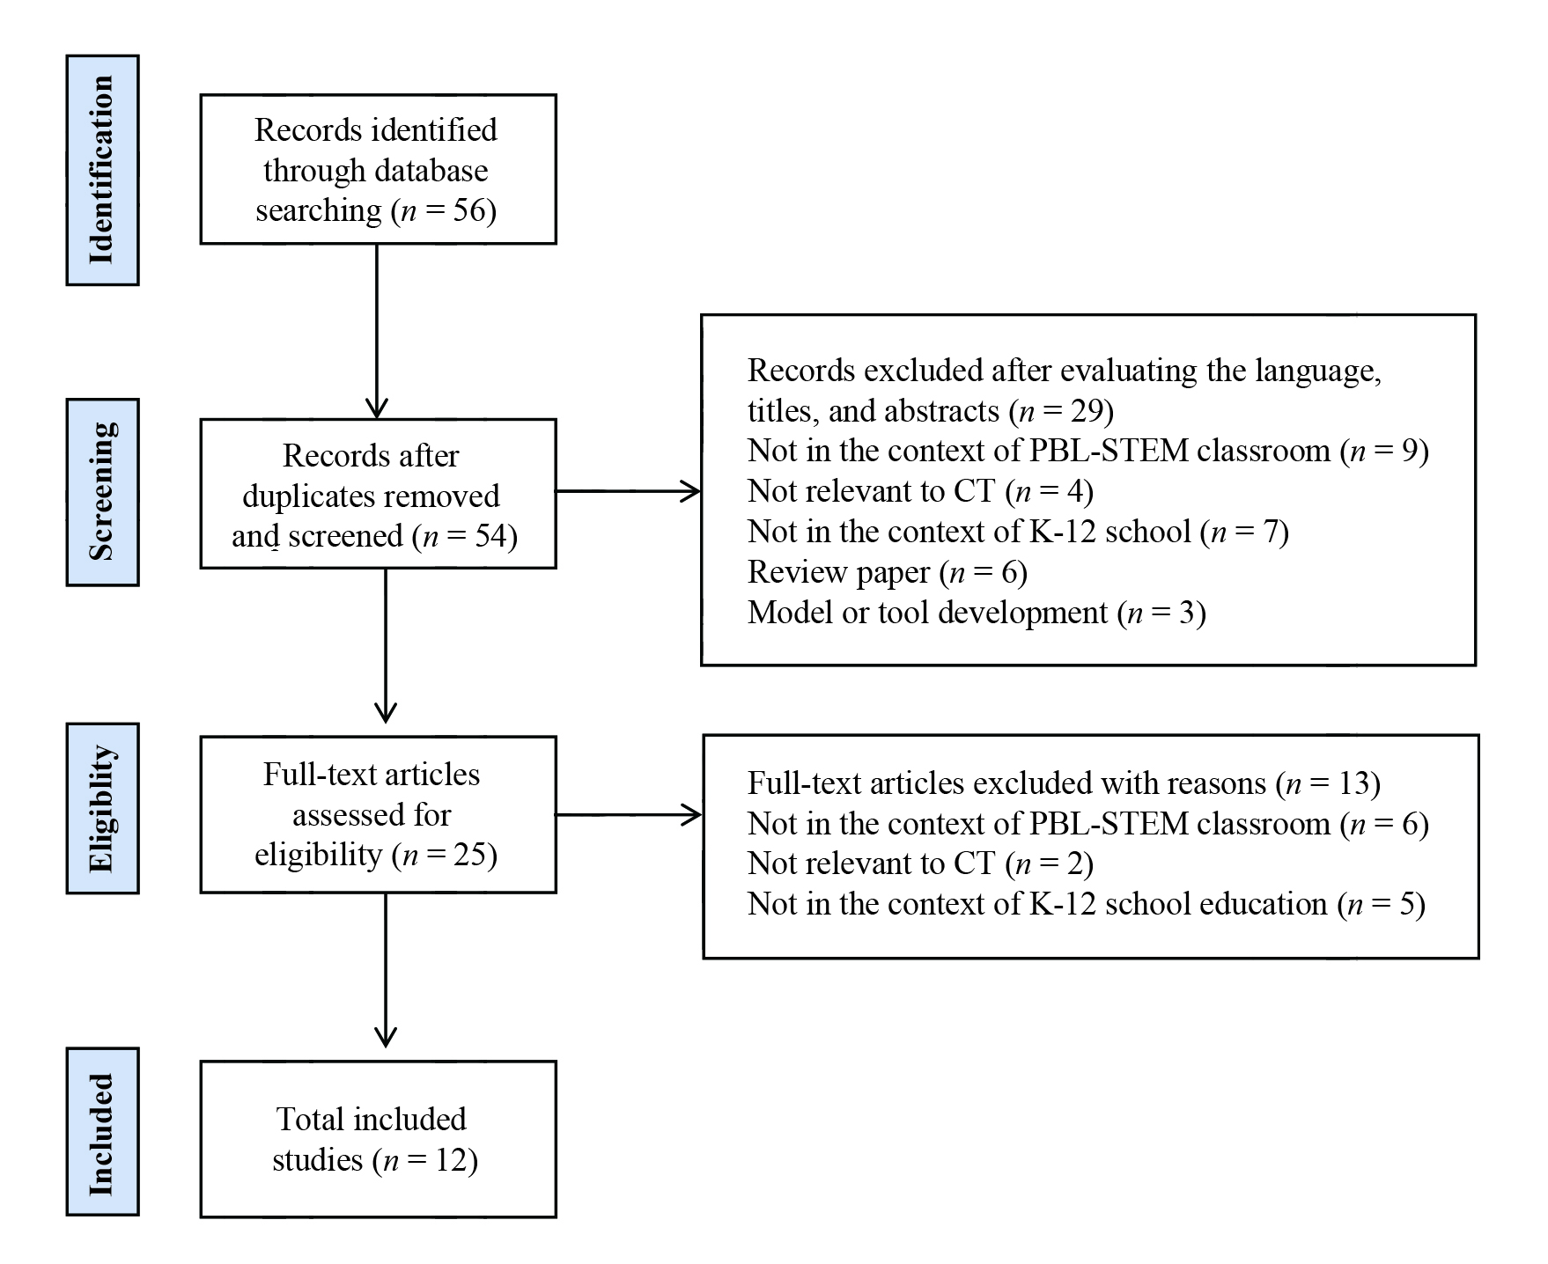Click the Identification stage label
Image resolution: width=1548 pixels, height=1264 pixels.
click(102, 170)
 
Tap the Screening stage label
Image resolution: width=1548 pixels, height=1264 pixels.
click(102, 492)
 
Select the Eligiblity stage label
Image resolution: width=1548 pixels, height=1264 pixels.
click(102, 808)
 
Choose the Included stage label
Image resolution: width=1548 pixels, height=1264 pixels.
click(102, 1132)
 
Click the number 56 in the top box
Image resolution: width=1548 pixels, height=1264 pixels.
click(468, 211)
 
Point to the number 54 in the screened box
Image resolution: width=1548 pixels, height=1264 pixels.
click(490, 537)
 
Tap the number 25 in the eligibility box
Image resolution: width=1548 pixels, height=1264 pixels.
click(468, 855)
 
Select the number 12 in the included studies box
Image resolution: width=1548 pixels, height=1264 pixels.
click(451, 1160)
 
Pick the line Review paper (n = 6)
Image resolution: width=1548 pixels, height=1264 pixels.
click(887, 572)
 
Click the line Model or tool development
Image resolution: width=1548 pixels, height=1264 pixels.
click(976, 613)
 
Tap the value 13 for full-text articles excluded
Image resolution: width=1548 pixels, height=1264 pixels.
click(1353, 783)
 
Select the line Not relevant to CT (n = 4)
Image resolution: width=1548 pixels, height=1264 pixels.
click(920, 491)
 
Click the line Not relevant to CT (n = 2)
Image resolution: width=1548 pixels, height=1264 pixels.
click(920, 863)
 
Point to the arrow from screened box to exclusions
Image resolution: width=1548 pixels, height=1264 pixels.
click(628, 491)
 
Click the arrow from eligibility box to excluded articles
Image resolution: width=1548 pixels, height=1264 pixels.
click(628, 815)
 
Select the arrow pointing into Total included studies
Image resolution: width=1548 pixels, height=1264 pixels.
click(386, 977)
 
